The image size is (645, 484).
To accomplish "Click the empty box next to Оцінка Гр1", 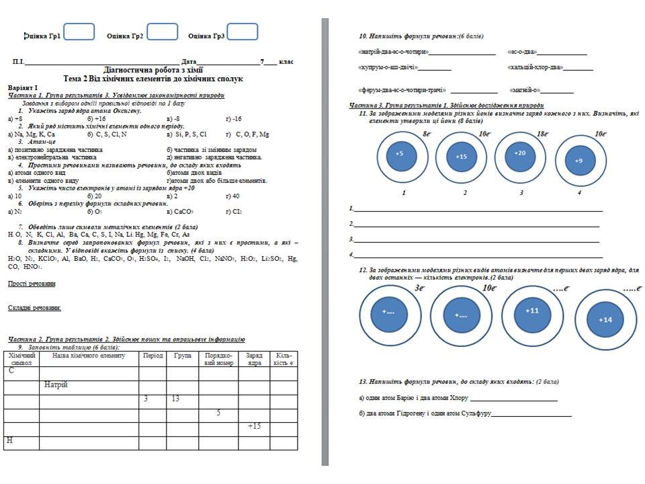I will tap(79, 33).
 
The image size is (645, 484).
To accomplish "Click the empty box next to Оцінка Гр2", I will tap(162, 33).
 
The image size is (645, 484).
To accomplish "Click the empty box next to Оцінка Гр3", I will tap(243, 33).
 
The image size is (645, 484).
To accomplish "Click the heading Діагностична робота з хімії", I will tap(153, 70).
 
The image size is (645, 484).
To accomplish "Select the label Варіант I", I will tap(23, 87).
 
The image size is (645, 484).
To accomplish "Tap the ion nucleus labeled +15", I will tap(461, 157).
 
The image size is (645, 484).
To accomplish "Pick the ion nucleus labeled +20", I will tap(520, 155).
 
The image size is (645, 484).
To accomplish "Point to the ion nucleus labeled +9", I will tap(579, 160).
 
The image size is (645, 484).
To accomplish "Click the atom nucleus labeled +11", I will tap(531, 311).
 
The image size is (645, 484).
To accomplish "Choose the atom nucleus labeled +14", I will tap(605, 319).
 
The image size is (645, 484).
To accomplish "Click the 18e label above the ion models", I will tap(542, 134).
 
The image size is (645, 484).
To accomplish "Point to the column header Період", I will tap(153, 356).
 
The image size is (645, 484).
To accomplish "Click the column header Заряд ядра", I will tap(254, 359).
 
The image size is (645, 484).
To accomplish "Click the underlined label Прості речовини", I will tap(32, 284).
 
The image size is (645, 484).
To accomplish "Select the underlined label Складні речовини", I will tap(34, 308).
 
